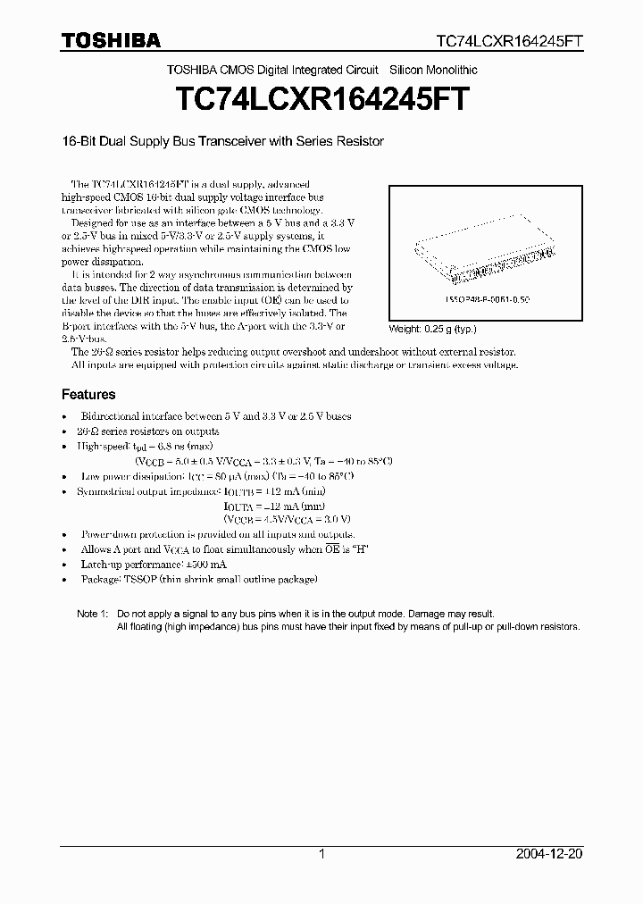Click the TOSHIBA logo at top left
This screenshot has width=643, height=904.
coord(111,40)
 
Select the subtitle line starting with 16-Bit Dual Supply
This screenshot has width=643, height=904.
coord(222,141)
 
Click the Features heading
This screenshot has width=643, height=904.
coord(88,394)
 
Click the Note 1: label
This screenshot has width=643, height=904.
coord(92,614)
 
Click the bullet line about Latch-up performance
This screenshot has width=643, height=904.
coord(153,565)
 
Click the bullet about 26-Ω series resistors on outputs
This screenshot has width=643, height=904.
coord(137,431)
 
